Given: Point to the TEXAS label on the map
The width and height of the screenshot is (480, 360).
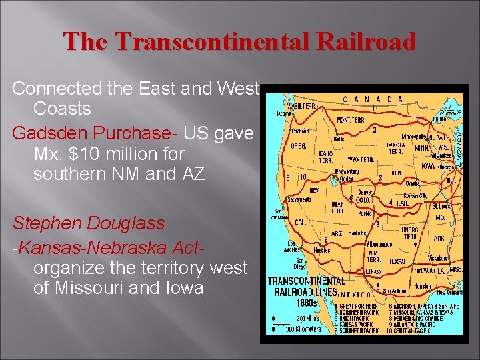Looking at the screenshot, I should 398,261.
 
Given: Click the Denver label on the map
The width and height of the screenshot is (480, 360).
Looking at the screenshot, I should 365,191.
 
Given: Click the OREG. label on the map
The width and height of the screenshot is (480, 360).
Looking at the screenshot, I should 298,146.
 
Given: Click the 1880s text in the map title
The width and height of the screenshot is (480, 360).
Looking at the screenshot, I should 286,302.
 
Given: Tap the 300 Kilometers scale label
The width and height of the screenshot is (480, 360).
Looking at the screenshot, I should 303,329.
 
